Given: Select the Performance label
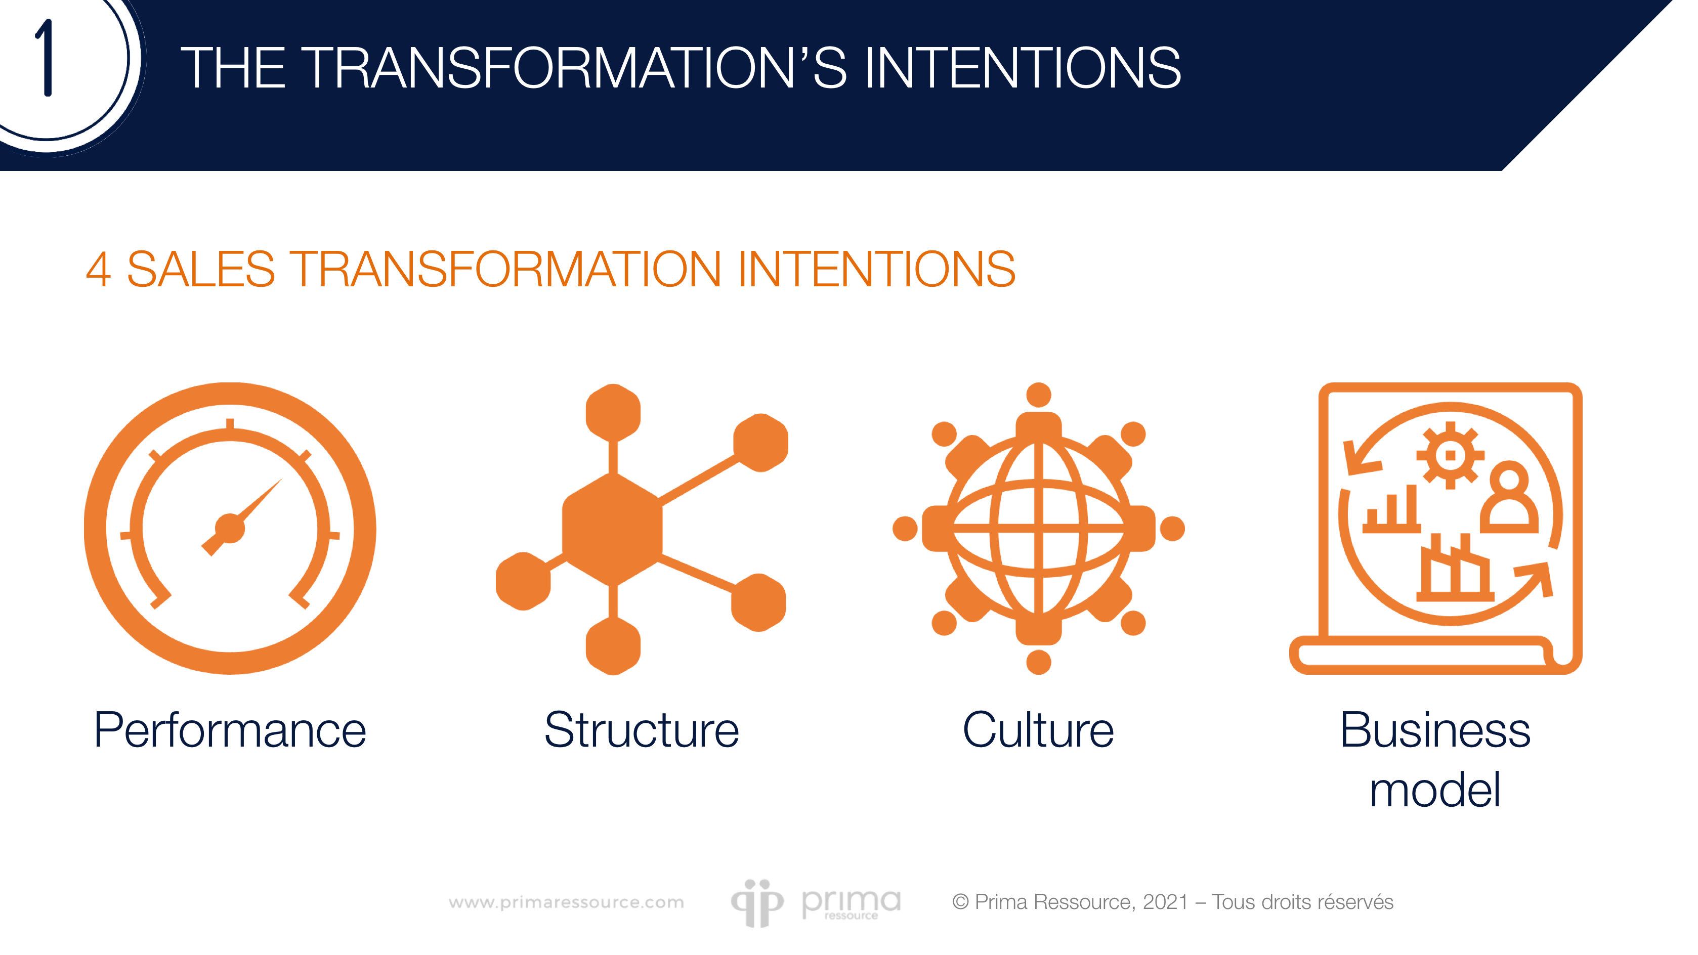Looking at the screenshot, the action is (230, 730).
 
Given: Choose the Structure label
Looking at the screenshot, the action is (642, 730).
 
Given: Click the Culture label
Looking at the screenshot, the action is (1038, 730).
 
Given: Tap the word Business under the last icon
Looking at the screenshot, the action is (1435, 730).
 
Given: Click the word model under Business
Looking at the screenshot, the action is (1435, 790).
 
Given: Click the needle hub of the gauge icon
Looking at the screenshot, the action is (229, 529).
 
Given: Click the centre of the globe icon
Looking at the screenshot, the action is (1038, 529).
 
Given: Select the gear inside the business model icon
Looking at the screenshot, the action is (1450, 455).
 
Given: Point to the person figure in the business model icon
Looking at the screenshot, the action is (1509, 498).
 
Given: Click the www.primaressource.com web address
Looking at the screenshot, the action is (566, 902).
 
